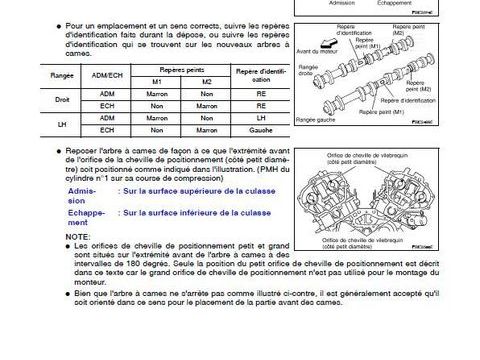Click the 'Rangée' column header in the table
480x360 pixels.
tap(33, 74)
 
